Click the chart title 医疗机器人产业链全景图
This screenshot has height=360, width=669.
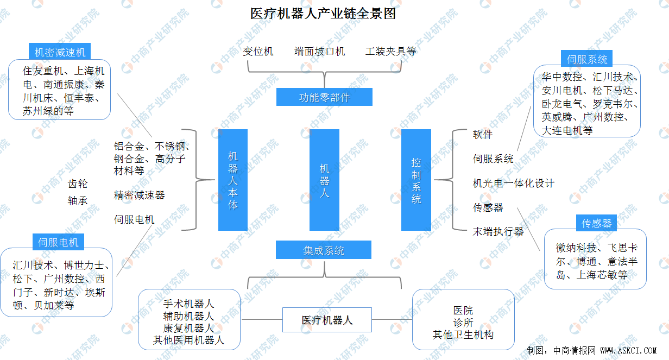tap(323, 14)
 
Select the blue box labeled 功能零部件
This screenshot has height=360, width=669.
tap(324, 97)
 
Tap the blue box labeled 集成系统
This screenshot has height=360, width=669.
tap(324, 250)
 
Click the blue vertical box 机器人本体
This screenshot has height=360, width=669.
tap(233, 180)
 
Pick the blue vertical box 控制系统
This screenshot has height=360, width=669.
tap(416, 180)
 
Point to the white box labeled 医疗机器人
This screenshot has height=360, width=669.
tap(327, 320)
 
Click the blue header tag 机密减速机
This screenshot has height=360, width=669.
tap(60, 52)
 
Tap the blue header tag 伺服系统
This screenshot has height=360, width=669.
tap(587, 59)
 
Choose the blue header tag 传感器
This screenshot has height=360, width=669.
tap(596, 223)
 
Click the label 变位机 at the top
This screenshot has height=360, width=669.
tap(258, 52)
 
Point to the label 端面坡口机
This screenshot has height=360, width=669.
tap(319, 52)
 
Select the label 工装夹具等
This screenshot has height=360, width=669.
tap(390, 52)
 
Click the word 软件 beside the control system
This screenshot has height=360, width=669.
tap(483, 135)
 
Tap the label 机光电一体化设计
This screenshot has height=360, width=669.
tap(513, 184)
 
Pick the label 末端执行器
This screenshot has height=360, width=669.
tap(498, 231)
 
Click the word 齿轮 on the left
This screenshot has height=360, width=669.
tap(77, 184)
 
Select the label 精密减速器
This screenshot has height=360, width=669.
tap(139, 195)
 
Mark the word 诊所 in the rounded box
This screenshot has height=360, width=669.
tap(463, 323)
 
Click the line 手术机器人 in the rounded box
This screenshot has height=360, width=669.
tap(188, 304)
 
